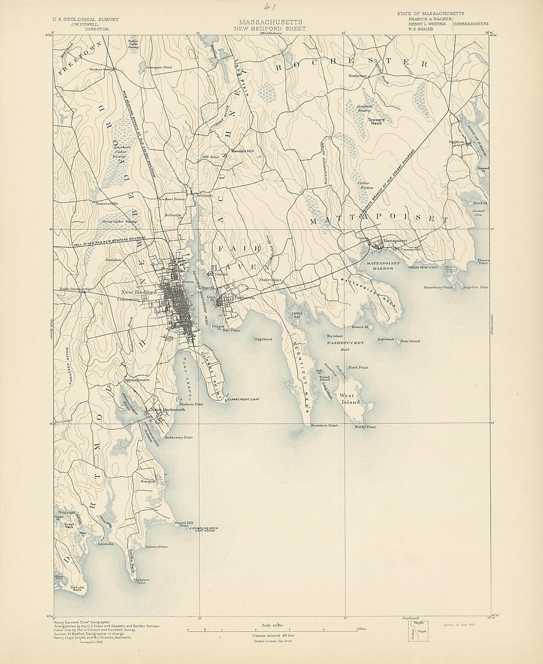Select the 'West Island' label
(x=349, y=399)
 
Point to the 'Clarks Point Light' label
(x=243, y=399)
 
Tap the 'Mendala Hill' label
(x=241, y=151)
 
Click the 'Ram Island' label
(x=410, y=341)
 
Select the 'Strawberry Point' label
(x=438, y=287)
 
